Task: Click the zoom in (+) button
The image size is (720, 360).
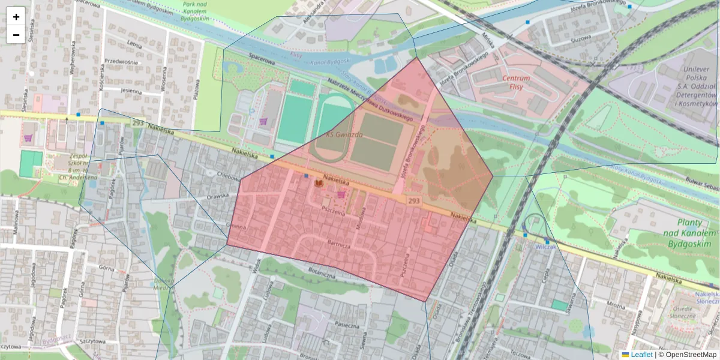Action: pos(16,17)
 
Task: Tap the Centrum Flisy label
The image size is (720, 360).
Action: pos(516,82)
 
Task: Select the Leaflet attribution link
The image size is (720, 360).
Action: pos(641,355)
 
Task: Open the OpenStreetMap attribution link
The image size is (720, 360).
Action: pos(687,355)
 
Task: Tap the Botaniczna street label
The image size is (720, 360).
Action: pos(321,273)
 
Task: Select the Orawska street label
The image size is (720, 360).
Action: pos(218,196)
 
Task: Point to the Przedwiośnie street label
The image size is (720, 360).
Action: pos(122,61)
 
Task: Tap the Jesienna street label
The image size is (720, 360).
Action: pos(131,92)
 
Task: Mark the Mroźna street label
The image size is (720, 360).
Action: pos(615,305)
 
